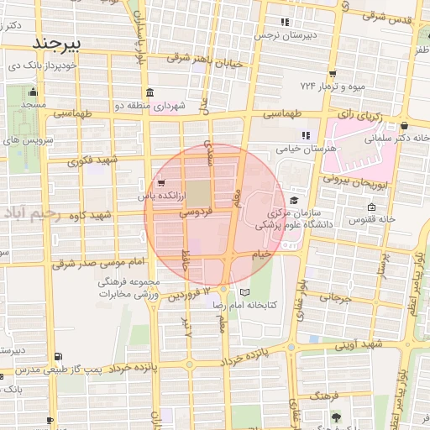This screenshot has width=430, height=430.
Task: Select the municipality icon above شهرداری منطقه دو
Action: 149,92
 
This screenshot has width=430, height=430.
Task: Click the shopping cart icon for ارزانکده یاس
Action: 160,182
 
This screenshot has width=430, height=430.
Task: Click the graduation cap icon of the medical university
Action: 294,200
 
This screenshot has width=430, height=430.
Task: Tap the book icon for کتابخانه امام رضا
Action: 244,292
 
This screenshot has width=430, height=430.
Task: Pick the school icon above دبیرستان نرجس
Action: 285,23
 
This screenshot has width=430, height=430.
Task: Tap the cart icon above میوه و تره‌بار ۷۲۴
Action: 333,73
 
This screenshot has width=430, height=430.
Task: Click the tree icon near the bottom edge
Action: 336,417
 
